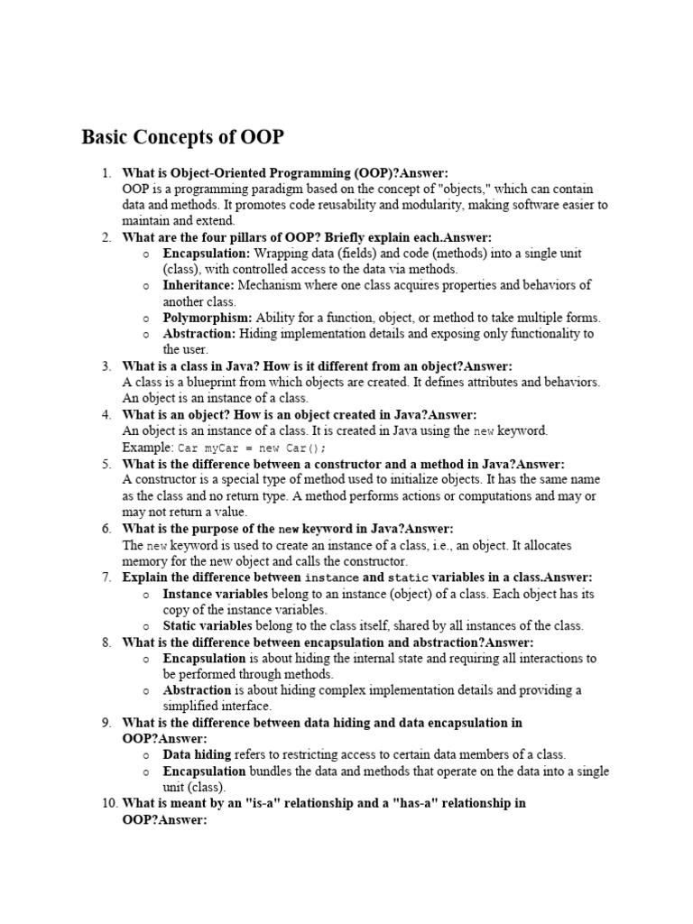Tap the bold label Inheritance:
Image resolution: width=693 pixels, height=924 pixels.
tap(199, 285)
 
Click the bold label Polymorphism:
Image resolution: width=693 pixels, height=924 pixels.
tap(208, 318)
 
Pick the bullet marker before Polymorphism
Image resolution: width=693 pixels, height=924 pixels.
tap(146, 319)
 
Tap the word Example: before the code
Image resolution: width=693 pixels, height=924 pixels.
tap(148, 448)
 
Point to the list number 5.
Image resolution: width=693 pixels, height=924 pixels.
tap(106, 464)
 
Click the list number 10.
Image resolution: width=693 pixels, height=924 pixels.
tap(103, 803)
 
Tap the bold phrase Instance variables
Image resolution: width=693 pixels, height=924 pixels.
tap(215, 594)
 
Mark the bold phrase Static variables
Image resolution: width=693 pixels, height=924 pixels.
tap(208, 625)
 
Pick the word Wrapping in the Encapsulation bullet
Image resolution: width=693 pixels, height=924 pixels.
tap(281, 254)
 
